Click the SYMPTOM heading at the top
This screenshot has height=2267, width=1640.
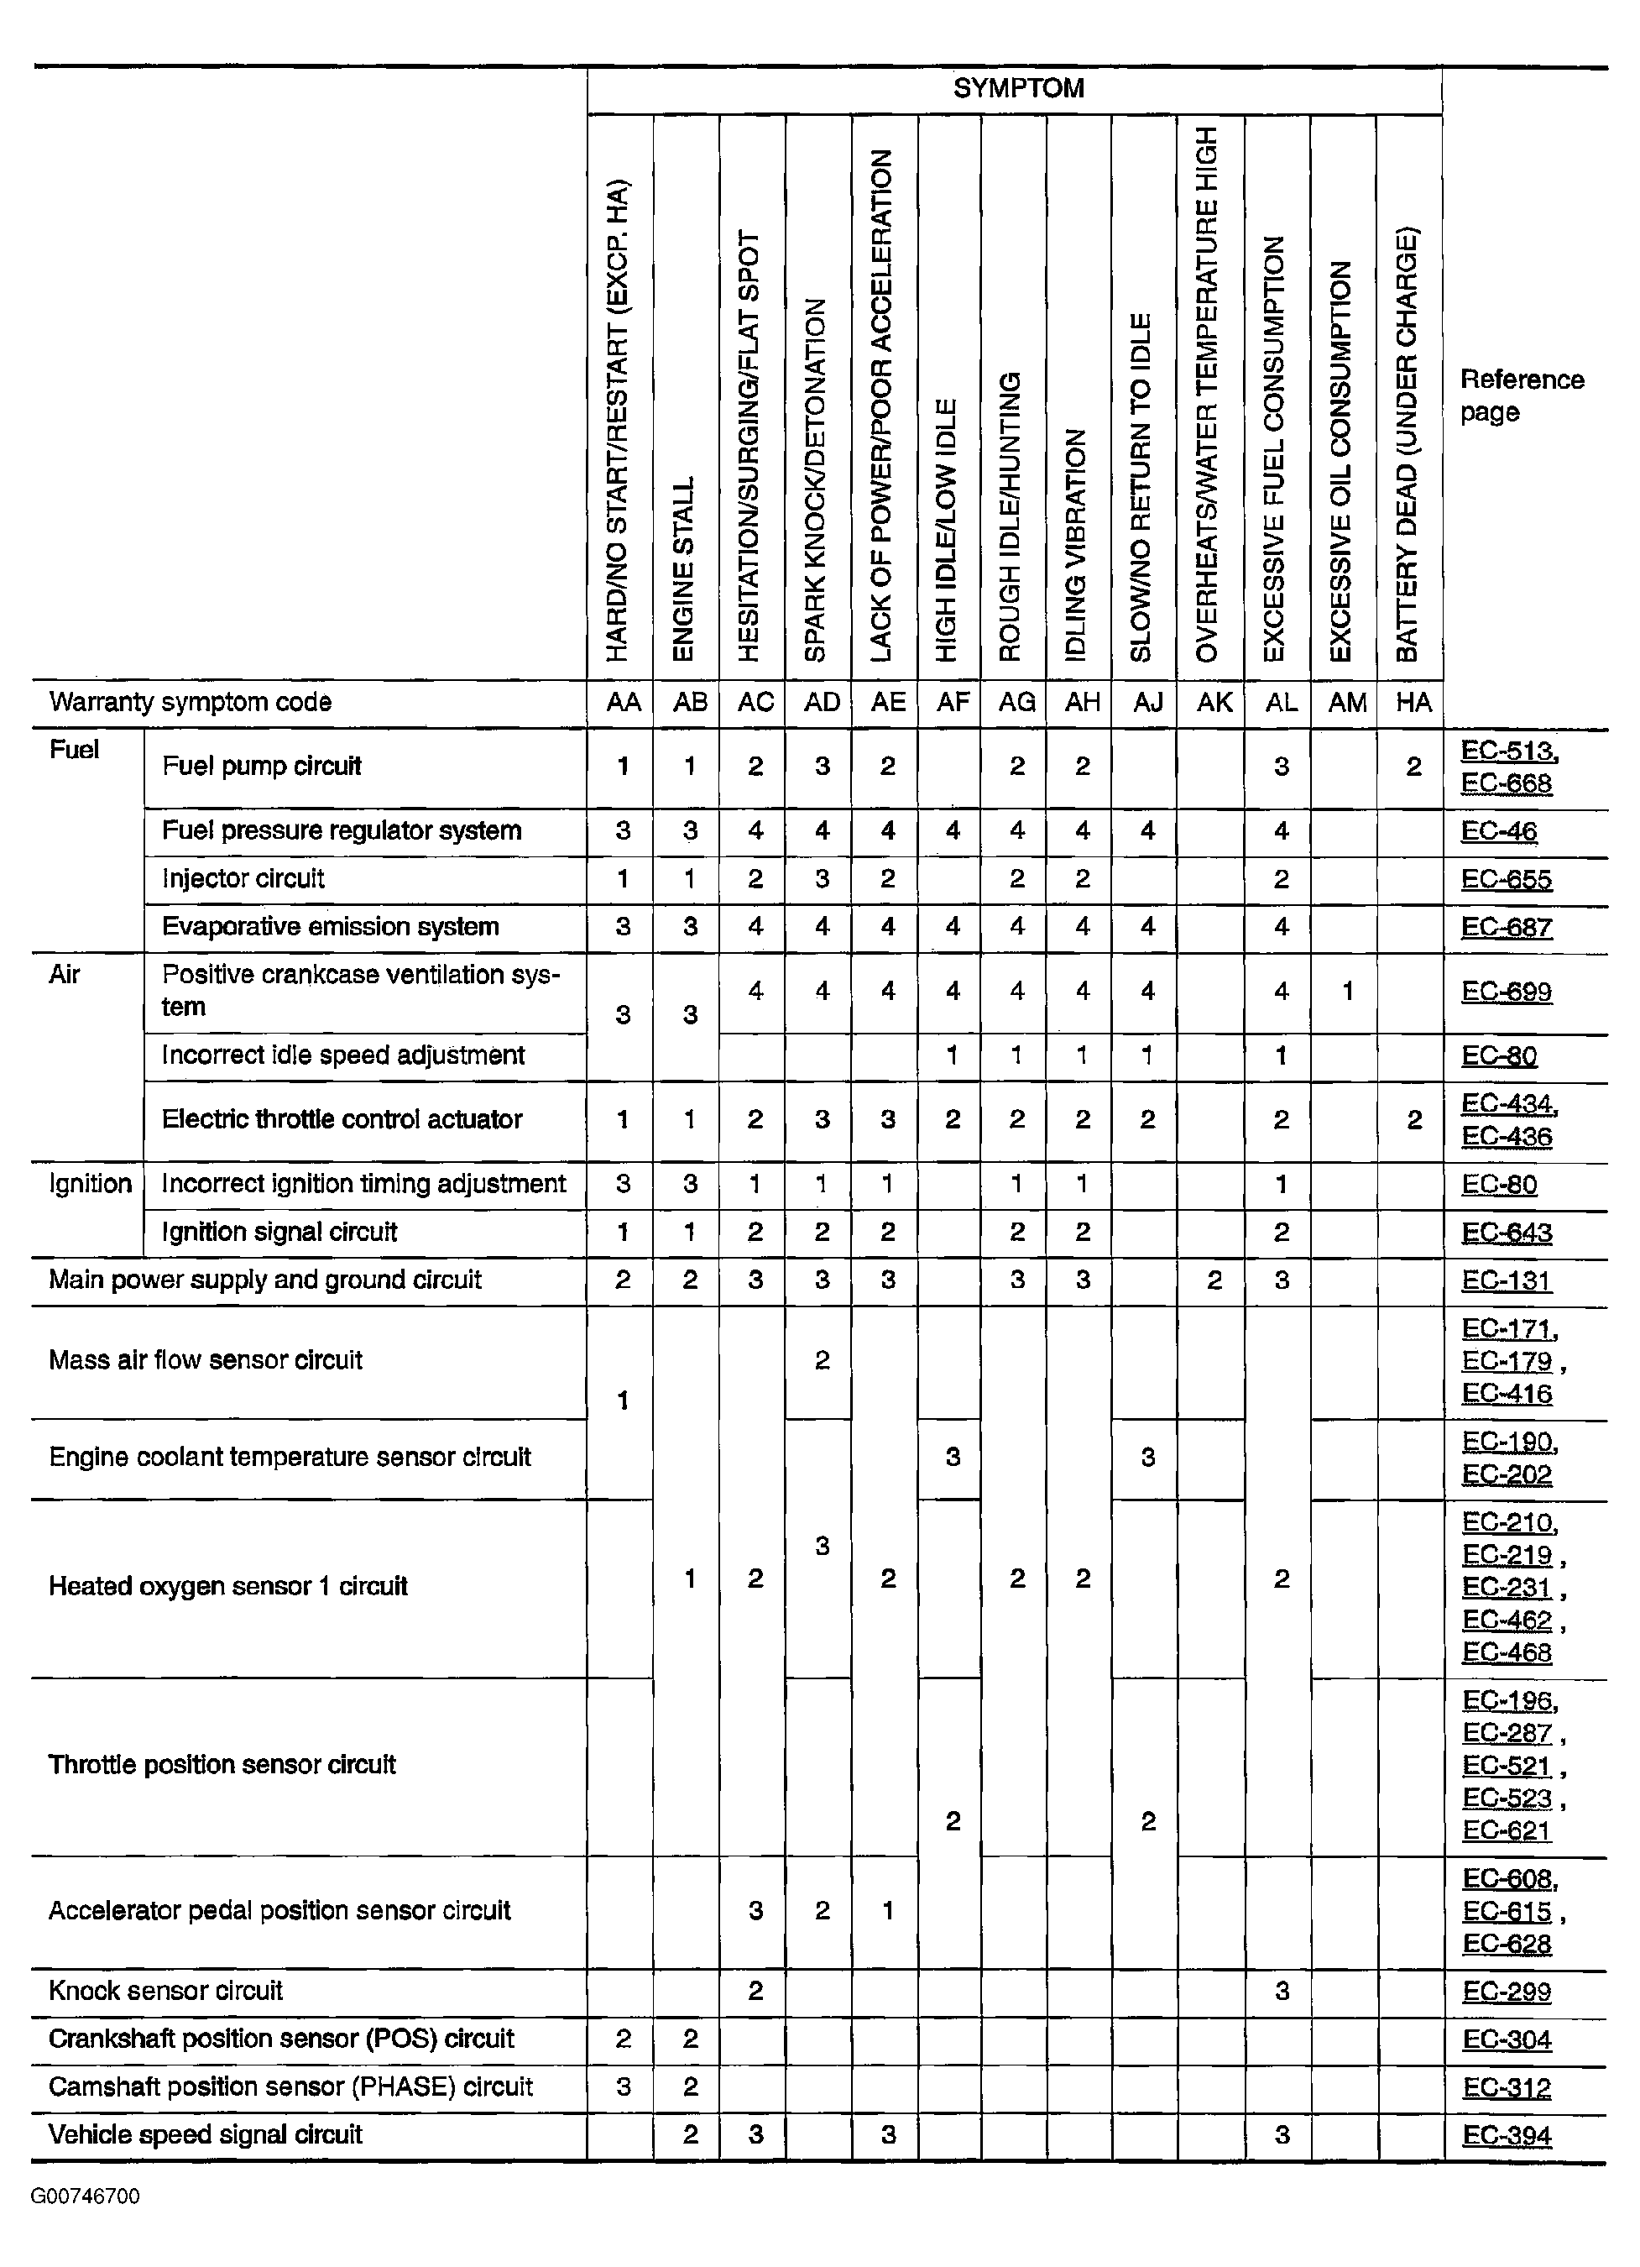coord(1017,88)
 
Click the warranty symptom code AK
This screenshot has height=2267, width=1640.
coord(1214,702)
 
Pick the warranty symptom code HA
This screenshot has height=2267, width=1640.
coord(1413,702)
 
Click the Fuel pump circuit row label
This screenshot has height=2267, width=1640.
coord(261,766)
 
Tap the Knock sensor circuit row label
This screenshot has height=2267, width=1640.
coord(166,1990)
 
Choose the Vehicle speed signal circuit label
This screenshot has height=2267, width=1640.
coord(205,2134)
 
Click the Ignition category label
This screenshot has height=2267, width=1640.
coord(90,1184)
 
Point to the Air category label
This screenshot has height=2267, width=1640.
coord(64,974)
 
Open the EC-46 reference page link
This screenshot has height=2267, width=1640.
coord(1498,831)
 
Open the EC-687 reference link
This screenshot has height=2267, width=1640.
coord(1506,928)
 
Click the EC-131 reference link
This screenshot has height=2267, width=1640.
coord(1506,1280)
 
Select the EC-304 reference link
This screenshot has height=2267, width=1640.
coord(1506,2039)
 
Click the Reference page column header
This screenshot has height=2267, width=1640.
coord(1521,395)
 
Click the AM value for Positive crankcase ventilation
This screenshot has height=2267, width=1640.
coord(1346,991)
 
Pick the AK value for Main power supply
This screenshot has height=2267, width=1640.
coord(1214,1280)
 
